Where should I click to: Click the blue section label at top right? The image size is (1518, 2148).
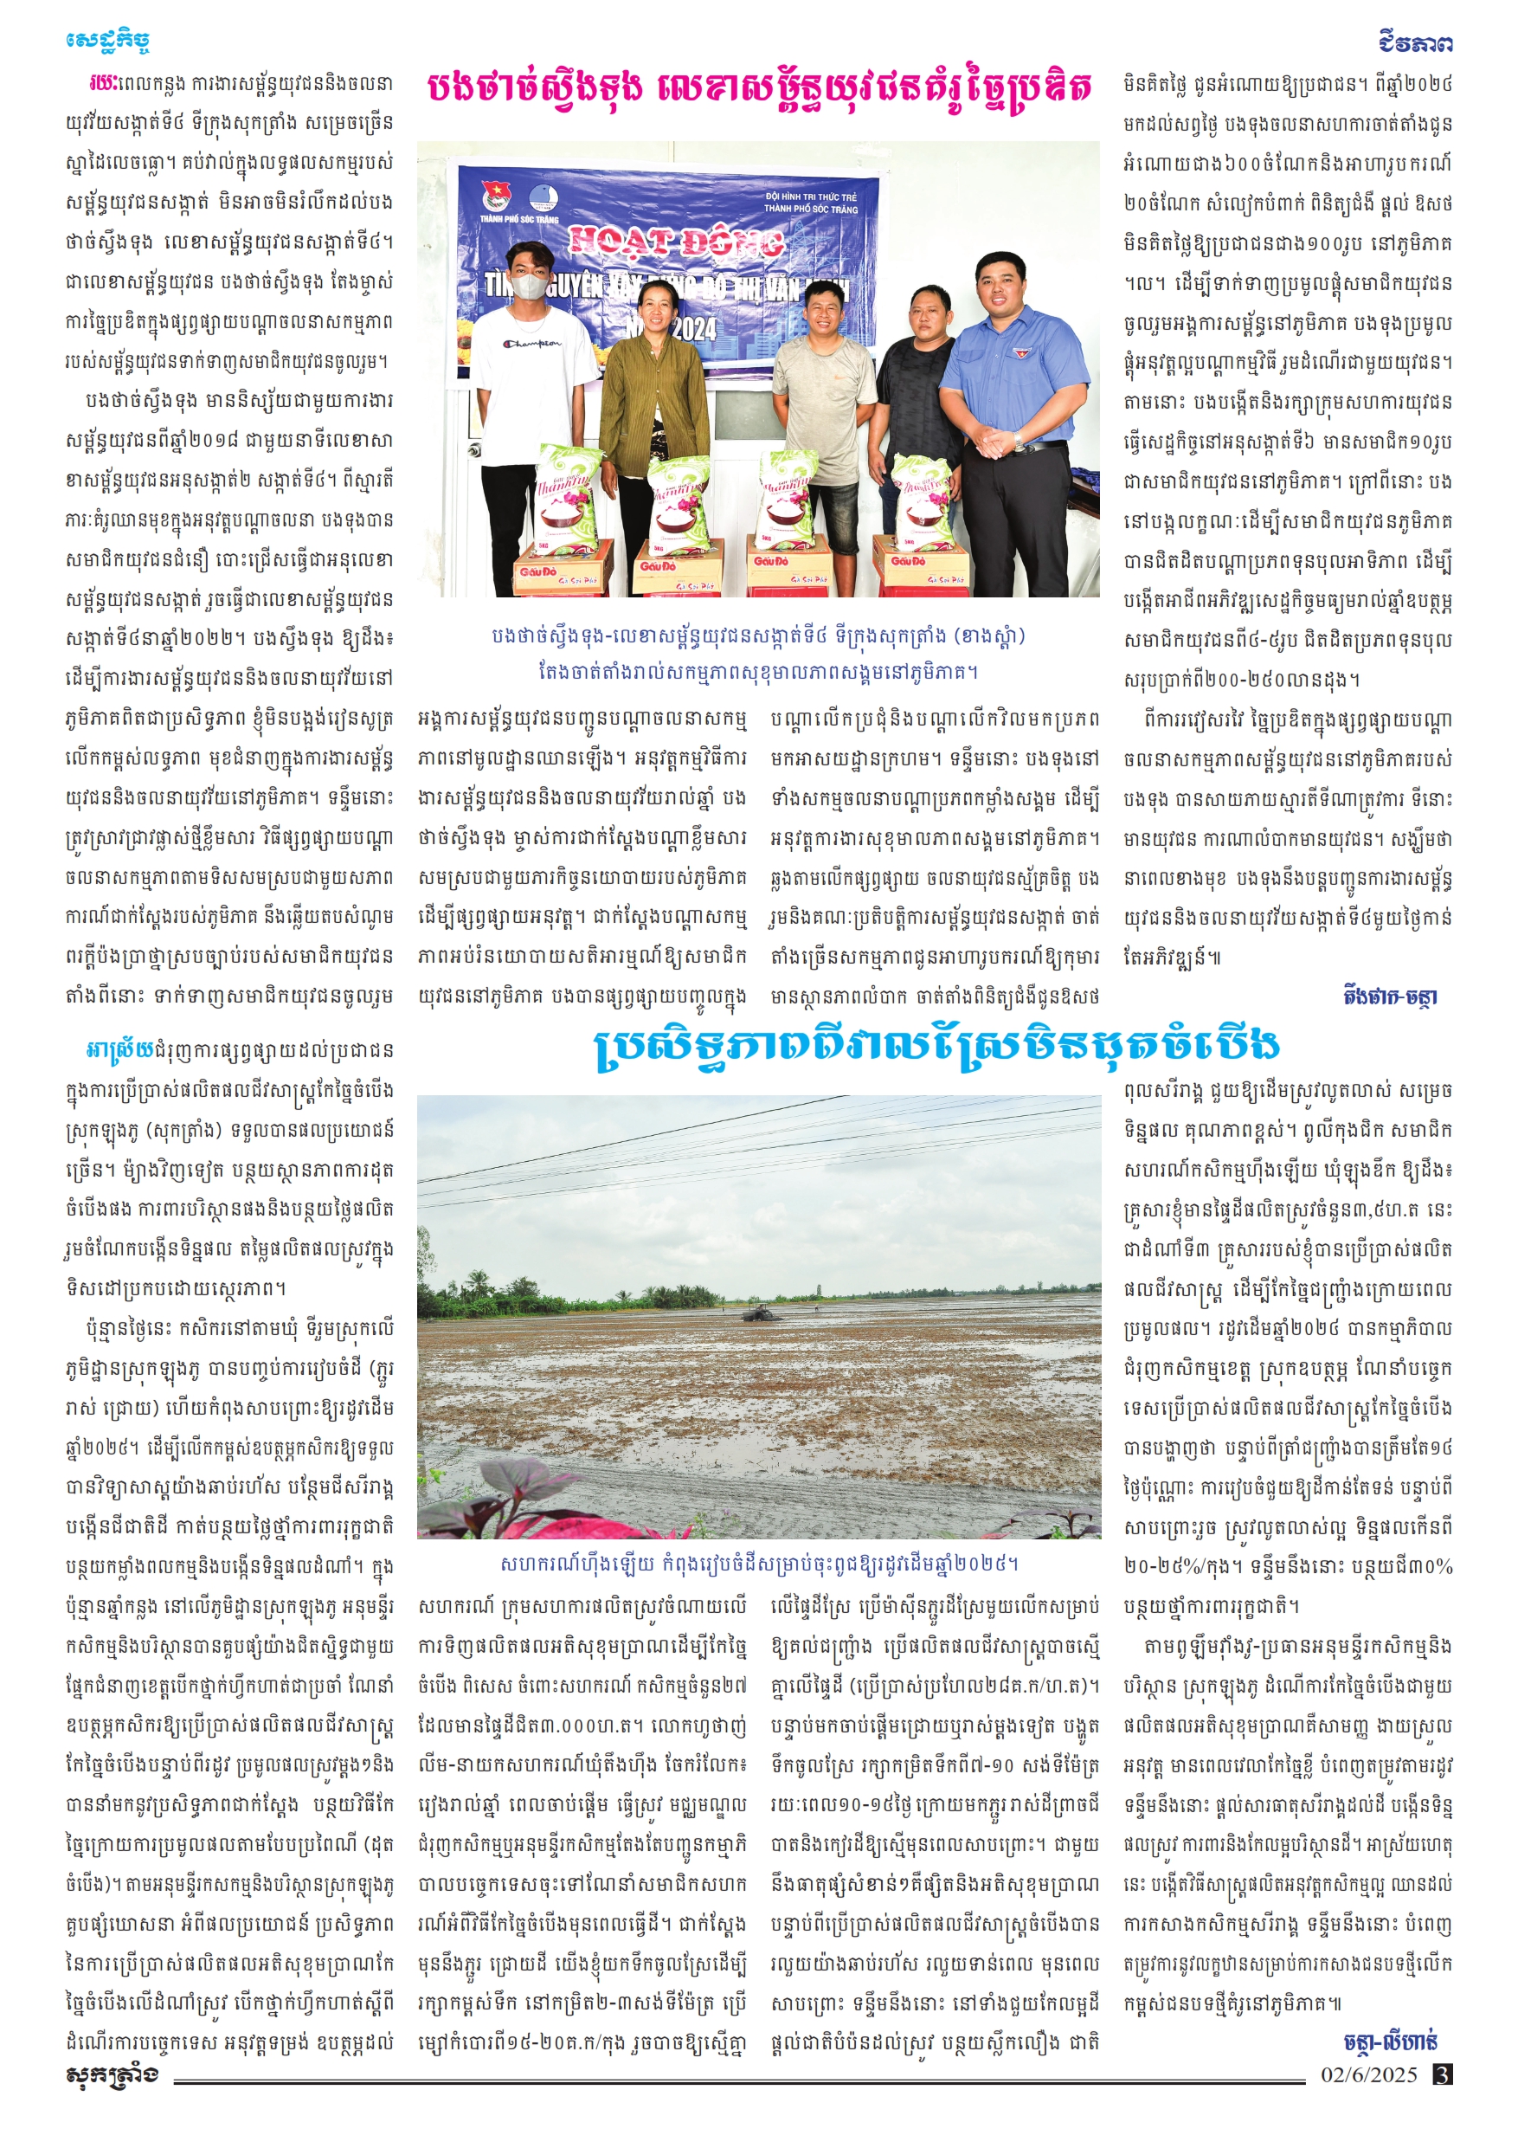click(x=1415, y=43)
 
